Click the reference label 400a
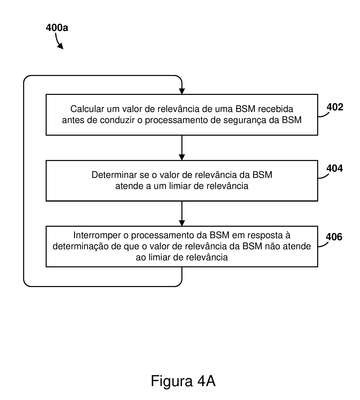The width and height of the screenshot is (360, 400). click(x=57, y=27)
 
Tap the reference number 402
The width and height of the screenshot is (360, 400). click(x=334, y=107)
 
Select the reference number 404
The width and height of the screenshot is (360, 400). click(x=334, y=169)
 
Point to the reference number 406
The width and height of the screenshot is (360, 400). click(x=334, y=237)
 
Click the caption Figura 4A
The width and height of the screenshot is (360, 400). click(x=183, y=381)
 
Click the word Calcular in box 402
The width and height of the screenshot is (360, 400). click(x=87, y=109)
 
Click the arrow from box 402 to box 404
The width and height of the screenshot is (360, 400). click(x=182, y=148)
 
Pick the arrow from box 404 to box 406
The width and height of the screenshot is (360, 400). click(x=182, y=214)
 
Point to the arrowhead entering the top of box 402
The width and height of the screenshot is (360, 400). click(x=182, y=91)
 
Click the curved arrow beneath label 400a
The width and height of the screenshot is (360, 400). click(x=58, y=41)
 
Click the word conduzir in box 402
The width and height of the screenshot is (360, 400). click(x=117, y=120)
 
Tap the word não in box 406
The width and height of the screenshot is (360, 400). click(x=274, y=246)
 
